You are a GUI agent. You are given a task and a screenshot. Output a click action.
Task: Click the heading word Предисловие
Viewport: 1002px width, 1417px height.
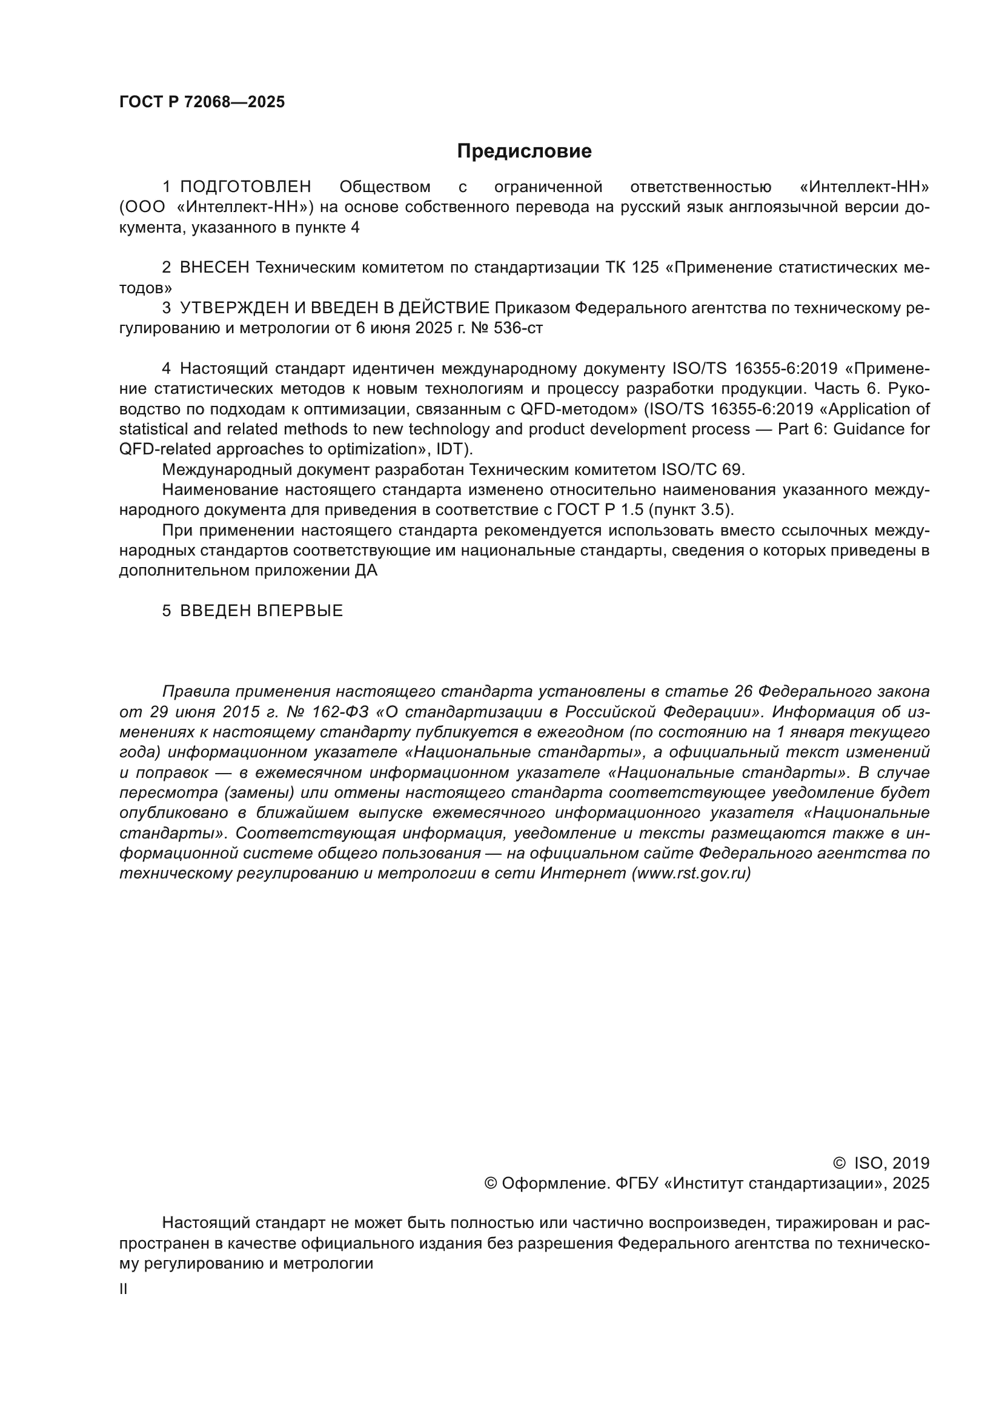point(524,151)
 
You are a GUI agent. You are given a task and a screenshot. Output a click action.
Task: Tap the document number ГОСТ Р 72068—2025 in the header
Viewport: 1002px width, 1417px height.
point(202,102)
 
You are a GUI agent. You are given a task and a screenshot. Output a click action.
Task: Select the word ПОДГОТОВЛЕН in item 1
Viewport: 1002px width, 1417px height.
point(245,187)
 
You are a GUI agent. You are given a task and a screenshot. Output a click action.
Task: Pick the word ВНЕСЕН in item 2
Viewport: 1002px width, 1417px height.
point(214,268)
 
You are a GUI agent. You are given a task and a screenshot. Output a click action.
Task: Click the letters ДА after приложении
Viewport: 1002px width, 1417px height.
point(366,570)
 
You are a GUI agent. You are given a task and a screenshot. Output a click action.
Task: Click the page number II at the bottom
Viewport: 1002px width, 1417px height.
point(124,1289)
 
